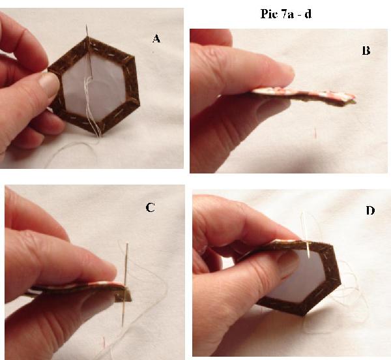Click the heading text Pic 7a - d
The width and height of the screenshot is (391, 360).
tap(286, 14)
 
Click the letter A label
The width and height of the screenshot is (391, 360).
tap(156, 38)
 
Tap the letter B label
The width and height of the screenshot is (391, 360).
tap(366, 51)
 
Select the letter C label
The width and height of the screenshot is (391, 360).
tap(150, 207)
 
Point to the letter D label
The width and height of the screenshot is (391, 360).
tap(370, 211)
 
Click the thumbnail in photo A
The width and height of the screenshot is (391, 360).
tap(49, 85)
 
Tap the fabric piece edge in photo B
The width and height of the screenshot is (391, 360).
tap(303, 97)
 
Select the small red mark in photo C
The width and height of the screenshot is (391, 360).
tap(104, 342)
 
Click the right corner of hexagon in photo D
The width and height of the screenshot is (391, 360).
tap(340, 282)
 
